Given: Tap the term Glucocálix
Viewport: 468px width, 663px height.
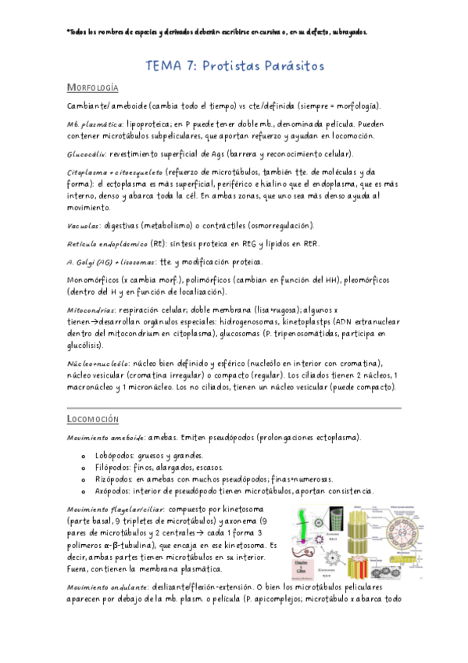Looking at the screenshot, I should (88, 153).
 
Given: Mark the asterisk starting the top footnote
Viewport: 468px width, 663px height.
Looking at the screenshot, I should (70, 32).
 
